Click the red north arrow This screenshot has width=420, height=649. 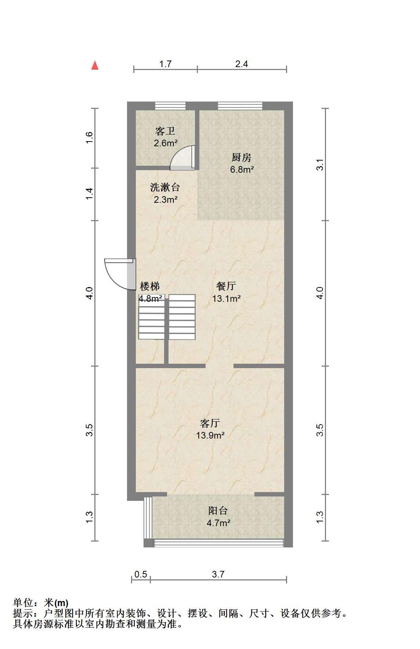tap(95, 65)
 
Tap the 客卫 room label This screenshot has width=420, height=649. tap(165, 131)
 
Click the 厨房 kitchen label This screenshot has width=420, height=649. tap(242, 158)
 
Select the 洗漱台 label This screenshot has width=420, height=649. tap(165, 187)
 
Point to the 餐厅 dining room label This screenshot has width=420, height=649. tap(226, 286)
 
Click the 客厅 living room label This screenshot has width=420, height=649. tap(210, 423)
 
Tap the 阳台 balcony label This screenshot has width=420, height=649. tap(218, 510)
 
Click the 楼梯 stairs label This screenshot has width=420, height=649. tap(150, 286)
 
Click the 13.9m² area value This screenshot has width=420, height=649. tap(210, 435)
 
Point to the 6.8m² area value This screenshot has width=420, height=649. tap(242, 169)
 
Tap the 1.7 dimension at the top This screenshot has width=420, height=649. tap(165, 64)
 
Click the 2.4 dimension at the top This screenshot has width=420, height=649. tap(242, 64)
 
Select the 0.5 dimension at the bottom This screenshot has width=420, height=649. tap(141, 574)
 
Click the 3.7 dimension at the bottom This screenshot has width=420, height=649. tap(218, 574)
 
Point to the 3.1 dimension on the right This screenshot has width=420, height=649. tap(320, 164)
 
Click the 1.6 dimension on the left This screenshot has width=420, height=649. tap(89, 138)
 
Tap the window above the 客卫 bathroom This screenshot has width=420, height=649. tap(170, 106)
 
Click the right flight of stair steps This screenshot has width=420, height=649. tap(182, 317)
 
